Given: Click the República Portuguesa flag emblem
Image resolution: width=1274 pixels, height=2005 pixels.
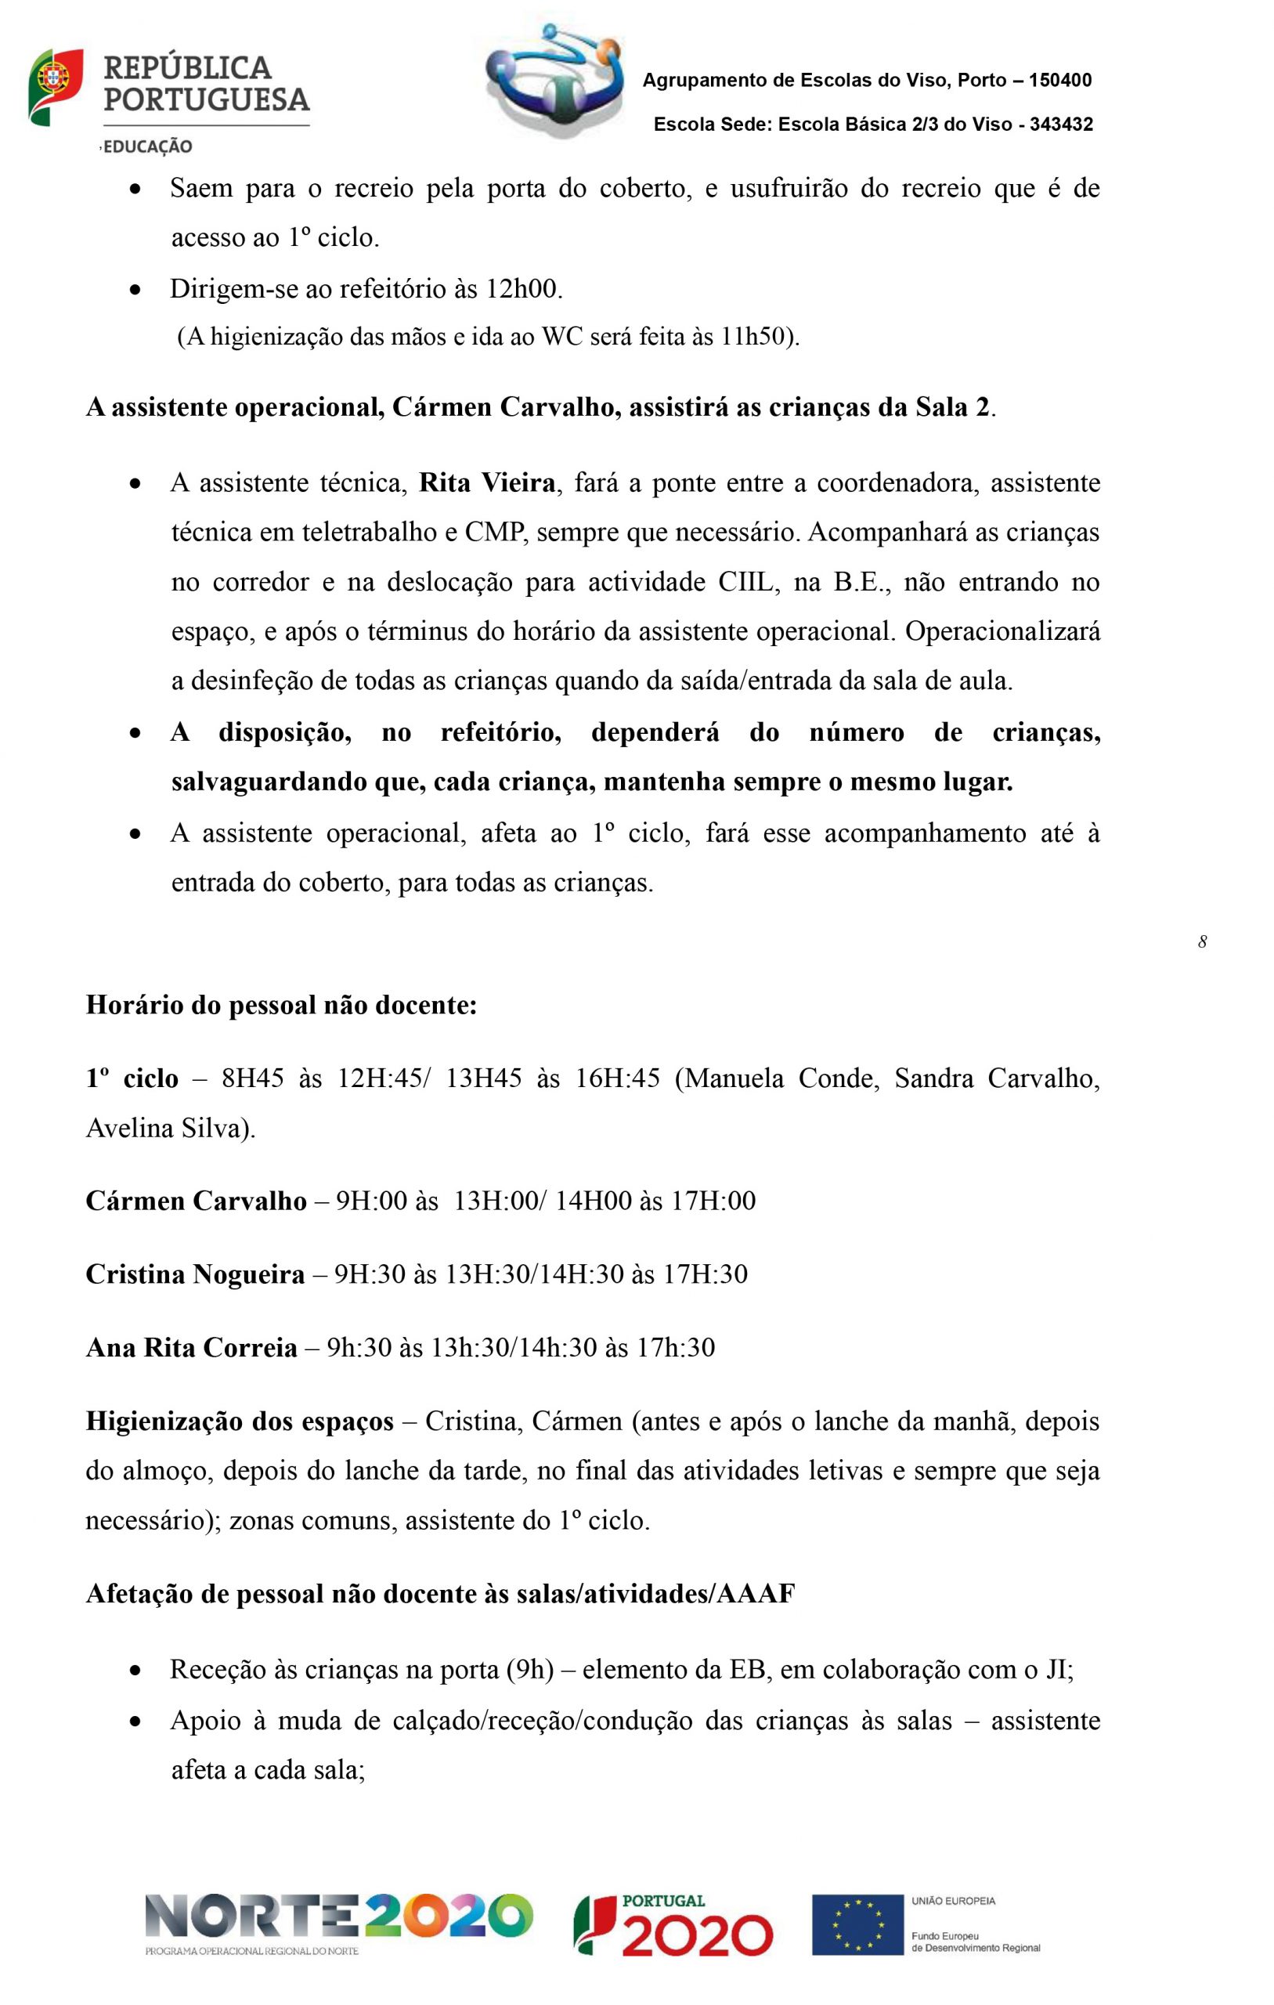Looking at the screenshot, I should (55, 87).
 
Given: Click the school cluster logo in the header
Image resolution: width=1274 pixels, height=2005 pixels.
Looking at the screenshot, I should (554, 80).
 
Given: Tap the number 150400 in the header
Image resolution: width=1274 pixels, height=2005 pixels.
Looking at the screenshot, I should (1060, 81).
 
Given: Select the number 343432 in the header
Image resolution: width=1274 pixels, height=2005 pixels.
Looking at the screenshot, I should (1061, 125).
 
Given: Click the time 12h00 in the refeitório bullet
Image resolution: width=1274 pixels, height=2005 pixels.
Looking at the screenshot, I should (523, 289).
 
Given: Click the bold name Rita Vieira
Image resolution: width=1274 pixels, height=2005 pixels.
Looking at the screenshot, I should (487, 483).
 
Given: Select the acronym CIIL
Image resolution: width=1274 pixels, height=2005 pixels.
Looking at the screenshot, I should (749, 582).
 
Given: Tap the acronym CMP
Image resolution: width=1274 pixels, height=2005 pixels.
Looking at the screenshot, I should (497, 532).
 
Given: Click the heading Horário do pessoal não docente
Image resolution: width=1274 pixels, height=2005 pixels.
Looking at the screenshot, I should (281, 1005).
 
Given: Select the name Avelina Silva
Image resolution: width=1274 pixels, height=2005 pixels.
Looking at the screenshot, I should (170, 1129).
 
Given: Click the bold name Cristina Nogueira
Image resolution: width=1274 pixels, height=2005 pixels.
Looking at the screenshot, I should (195, 1275).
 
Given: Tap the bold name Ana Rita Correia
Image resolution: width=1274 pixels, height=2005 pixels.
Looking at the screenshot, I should (192, 1348).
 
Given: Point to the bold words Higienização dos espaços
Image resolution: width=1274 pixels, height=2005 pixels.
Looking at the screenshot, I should (240, 1422).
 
